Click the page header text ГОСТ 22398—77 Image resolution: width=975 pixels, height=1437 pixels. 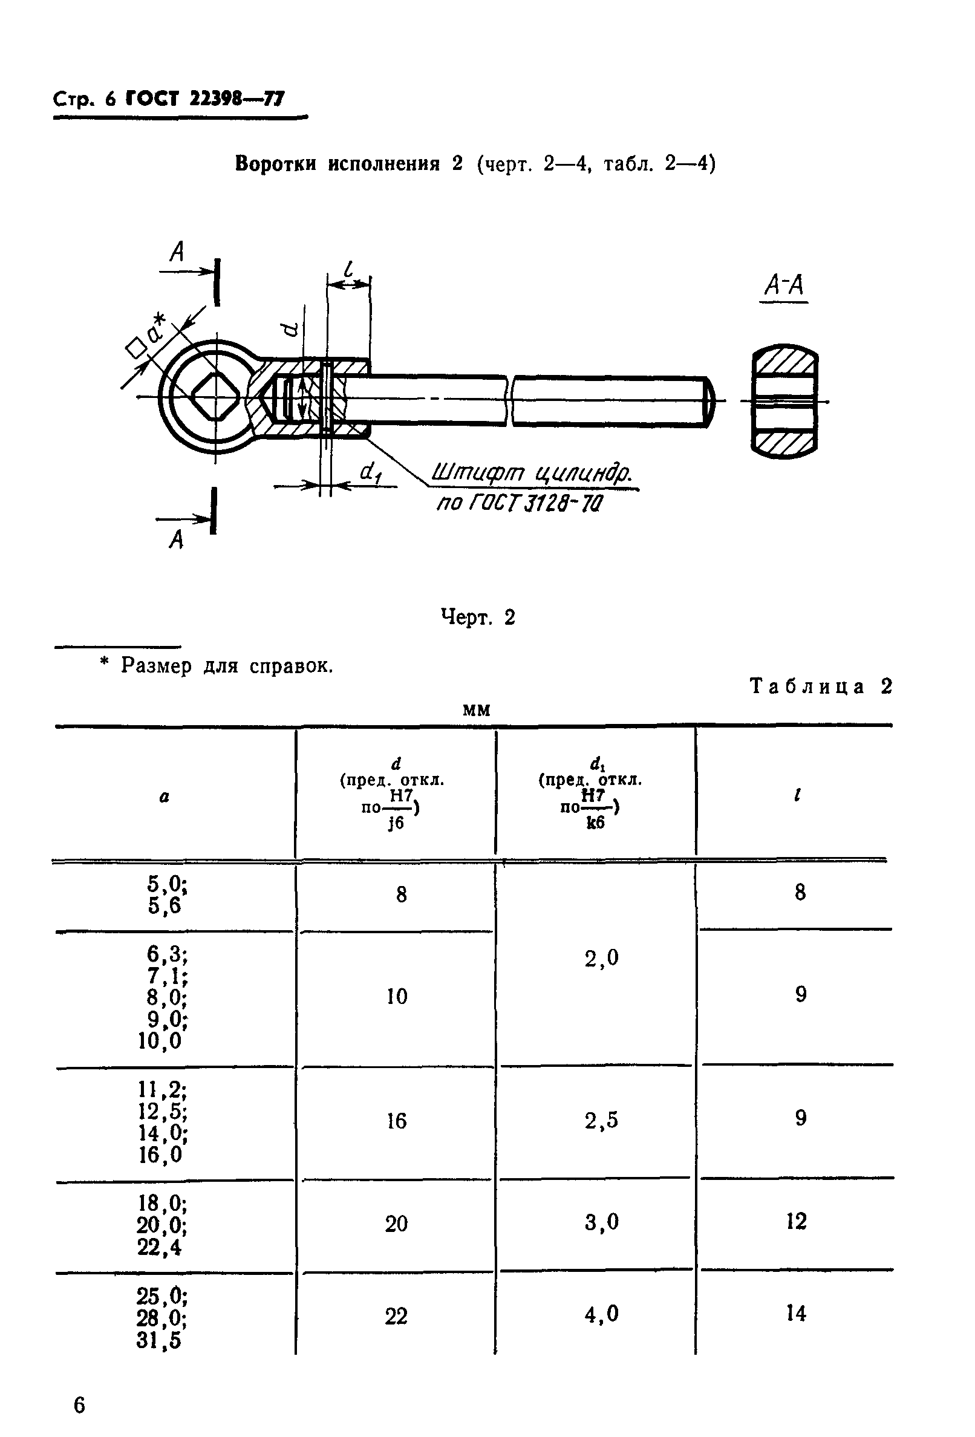[205, 99]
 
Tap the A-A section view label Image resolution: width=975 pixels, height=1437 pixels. [783, 285]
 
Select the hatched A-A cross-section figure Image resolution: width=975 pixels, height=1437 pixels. [784, 402]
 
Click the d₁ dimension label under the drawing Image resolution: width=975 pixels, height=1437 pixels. [370, 473]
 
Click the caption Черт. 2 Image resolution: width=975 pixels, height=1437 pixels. [477, 616]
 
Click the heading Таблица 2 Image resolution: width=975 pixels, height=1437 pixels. [821, 686]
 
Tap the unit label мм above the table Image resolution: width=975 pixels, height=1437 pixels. [476, 711]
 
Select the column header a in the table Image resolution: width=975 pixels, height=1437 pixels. [164, 798]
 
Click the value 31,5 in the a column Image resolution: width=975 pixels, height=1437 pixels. [160, 1339]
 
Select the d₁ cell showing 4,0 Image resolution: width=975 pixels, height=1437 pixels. [602, 1314]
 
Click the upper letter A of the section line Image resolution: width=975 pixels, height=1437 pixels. [177, 252]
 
